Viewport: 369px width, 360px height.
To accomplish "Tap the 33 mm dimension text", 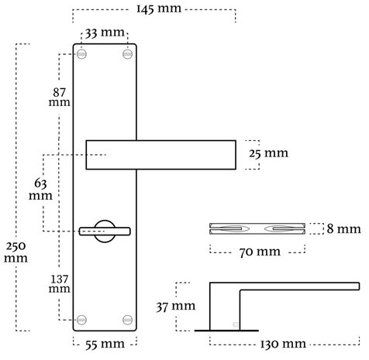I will pos(104,34).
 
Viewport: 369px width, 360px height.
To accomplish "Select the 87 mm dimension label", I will pos(58,94).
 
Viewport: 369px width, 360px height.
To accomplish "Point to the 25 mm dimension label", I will pos(268,153).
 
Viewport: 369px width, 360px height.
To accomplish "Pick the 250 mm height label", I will pos(16,251).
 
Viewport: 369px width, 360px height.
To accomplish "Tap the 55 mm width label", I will pos(104,341).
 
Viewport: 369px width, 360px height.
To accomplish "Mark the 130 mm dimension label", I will pos(284,342).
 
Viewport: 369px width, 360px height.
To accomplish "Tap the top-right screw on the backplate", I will pos(126,54).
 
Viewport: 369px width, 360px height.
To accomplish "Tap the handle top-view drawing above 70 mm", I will pos(257,229).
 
